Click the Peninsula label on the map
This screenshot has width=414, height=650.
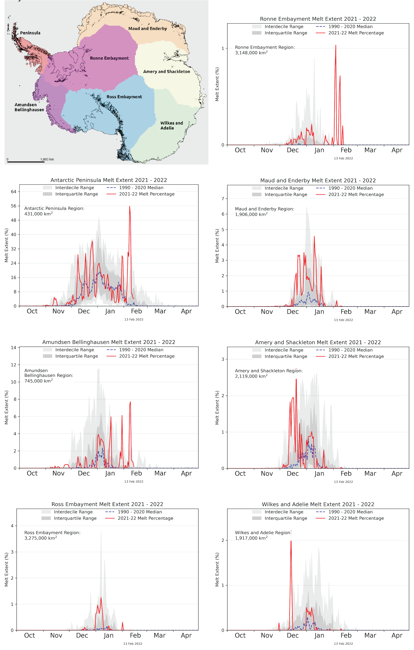[30, 33]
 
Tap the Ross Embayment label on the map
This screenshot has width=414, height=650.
[124, 97]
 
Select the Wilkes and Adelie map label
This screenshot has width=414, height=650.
[171, 126]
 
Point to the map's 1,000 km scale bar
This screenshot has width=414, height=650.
[26, 162]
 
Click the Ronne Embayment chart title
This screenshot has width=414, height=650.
[318, 19]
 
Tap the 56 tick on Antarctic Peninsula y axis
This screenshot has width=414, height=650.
[13, 206]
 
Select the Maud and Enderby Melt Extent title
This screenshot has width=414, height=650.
[318, 180]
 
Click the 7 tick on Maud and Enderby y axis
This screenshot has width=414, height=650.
[223, 199]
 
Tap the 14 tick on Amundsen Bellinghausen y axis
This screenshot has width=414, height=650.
[13, 347]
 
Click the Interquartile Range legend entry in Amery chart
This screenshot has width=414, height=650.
[286, 356]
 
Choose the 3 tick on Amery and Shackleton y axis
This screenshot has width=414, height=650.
[223, 359]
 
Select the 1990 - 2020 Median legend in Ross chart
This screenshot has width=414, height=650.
[140, 512]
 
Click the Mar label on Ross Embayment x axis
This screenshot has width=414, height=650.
[159, 636]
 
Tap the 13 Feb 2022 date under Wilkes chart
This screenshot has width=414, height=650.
[343, 644]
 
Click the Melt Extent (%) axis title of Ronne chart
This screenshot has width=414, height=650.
[217, 84]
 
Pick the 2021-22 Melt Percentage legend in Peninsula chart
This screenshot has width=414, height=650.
[147, 194]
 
